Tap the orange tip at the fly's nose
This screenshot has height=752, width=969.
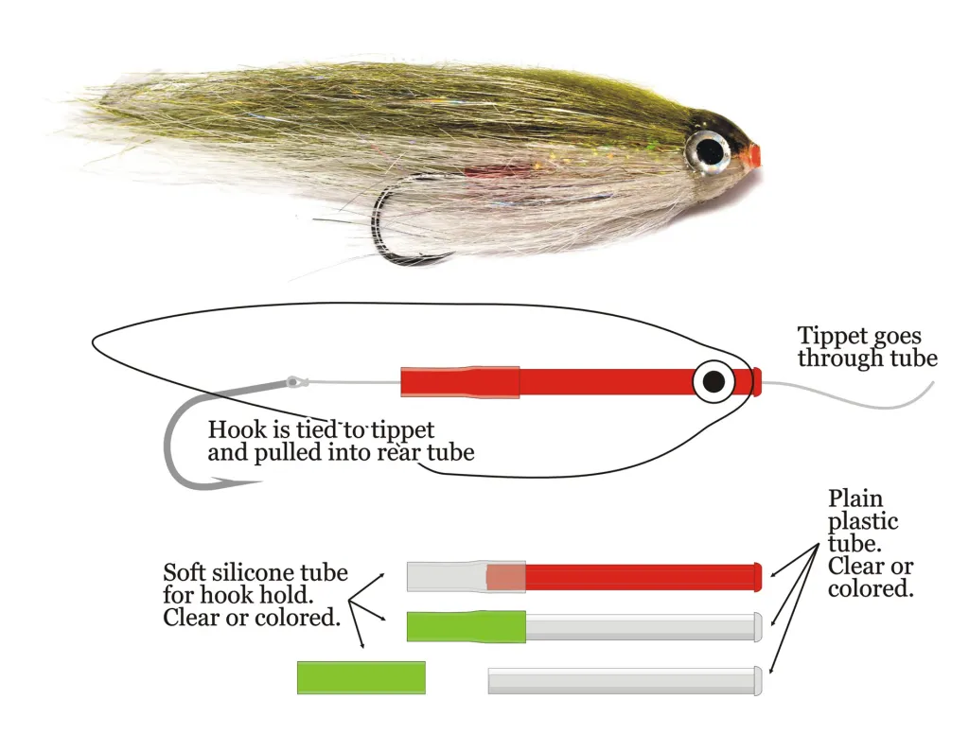[751, 156]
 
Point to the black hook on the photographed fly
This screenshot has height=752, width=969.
[383, 227]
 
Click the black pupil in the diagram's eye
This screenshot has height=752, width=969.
[714, 381]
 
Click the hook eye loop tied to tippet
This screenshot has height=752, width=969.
[295, 382]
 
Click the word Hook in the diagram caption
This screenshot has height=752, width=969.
[233, 429]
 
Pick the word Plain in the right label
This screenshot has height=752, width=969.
[855, 498]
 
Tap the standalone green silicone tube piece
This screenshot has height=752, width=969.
[361, 677]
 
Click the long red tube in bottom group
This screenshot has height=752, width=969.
[643, 577]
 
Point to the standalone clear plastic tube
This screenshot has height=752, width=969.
[625, 681]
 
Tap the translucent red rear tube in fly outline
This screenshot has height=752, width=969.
[459, 382]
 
